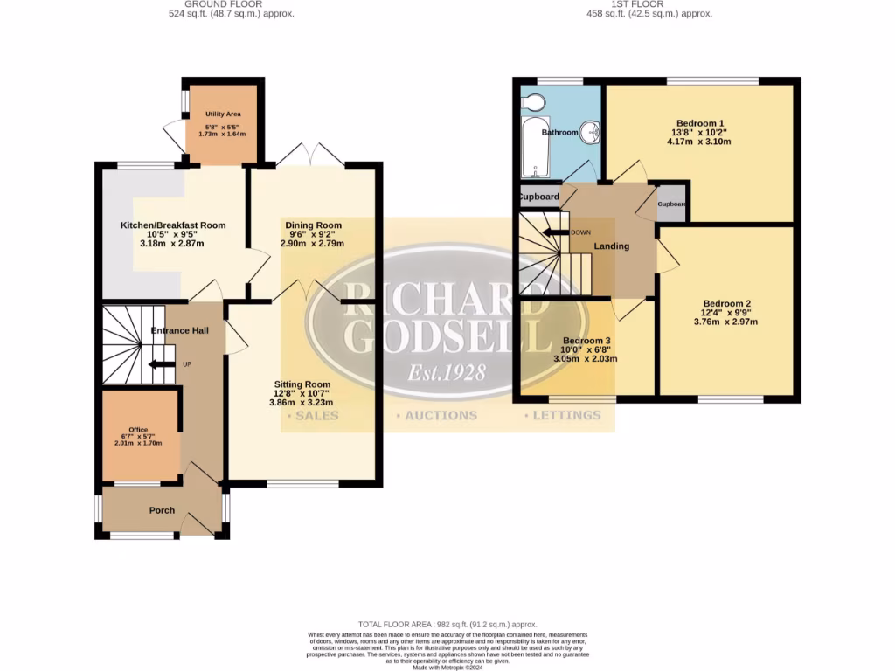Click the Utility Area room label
(x=223, y=114)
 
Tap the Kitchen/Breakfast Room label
(x=173, y=225)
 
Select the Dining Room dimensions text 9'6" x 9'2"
(x=313, y=234)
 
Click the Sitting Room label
(x=302, y=384)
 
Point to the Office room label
(x=138, y=430)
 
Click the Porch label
(x=162, y=510)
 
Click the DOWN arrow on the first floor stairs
(x=553, y=232)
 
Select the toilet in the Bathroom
(x=532, y=104)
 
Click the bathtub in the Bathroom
(x=531, y=149)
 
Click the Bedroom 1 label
(x=699, y=123)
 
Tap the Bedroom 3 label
(x=586, y=341)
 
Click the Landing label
(x=612, y=246)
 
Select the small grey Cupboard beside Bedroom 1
(x=671, y=204)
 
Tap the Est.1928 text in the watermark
(x=447, y=373)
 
